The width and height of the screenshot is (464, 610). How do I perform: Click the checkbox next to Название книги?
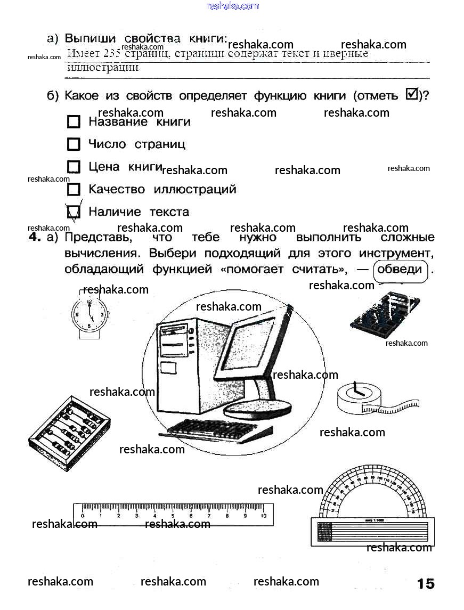[x=74, y=122]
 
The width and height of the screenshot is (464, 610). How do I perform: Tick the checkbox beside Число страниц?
[x=74, y=144]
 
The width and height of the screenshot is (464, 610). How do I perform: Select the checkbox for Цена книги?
[x=74, y=167]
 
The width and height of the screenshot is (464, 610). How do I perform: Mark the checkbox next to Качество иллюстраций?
[x=74, y=189]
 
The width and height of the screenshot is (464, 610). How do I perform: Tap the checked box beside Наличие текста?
[x=74, y=212]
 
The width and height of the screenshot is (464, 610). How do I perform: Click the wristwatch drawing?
[x=89, y=315]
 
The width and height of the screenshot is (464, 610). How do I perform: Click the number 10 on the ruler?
[x=263, y=516]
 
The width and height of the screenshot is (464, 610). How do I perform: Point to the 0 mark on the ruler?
[x=82, y=516]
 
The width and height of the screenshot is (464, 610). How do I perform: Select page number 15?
[x=426, y=583]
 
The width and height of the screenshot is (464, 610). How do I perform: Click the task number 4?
[x=35, y=238]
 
